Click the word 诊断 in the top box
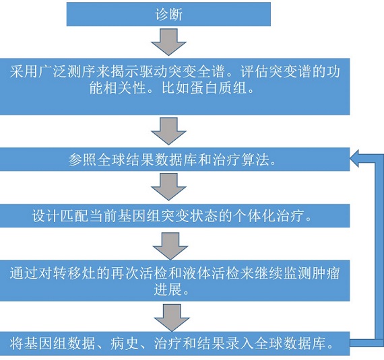coord(168,14)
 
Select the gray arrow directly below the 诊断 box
coord(168,42)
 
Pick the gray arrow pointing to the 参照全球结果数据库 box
coord(168,131)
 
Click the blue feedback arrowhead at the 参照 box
coord(354,159)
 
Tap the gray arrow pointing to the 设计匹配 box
coord(168,187)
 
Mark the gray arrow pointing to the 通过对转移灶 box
coord(170,246)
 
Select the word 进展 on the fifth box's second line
coord(168,289)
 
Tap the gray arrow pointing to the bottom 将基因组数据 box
coord(172,318)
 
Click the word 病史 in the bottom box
coord(125,343)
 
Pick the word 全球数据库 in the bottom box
coord(290,343)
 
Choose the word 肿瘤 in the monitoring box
coord(326,273)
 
